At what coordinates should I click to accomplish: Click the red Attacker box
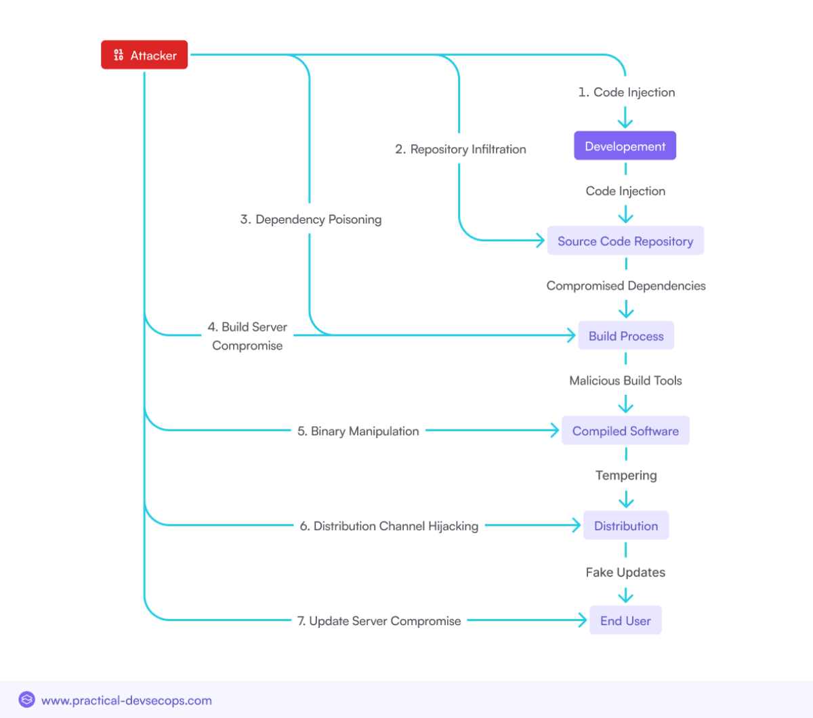[144, 55]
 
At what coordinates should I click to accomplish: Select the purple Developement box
[625, 146]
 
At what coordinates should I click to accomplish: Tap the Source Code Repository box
[625, 241]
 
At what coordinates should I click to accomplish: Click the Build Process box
[626, 336]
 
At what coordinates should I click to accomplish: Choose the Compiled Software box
[625, 431]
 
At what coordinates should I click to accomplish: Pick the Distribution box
[626, 526]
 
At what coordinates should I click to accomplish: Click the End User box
[625, 620]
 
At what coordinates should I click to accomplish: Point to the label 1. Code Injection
[627, 92]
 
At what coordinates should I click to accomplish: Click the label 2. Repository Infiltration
[461, 149]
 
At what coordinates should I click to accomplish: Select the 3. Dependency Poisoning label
[311, 219]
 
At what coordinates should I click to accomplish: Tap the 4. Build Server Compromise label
[247, 336]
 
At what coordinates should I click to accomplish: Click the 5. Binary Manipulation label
[358, 431]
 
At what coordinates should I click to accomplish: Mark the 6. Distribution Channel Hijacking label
[389, 526]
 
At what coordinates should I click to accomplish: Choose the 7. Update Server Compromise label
[379, 620]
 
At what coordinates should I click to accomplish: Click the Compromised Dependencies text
[626, 286]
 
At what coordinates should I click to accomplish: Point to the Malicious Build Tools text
[625, 381]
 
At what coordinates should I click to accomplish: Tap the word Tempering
[626, 476]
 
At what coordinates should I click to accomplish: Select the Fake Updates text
[625, 572]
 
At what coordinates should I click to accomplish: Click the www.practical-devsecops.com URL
[127, 700]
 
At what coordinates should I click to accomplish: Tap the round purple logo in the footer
[26, 700]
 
